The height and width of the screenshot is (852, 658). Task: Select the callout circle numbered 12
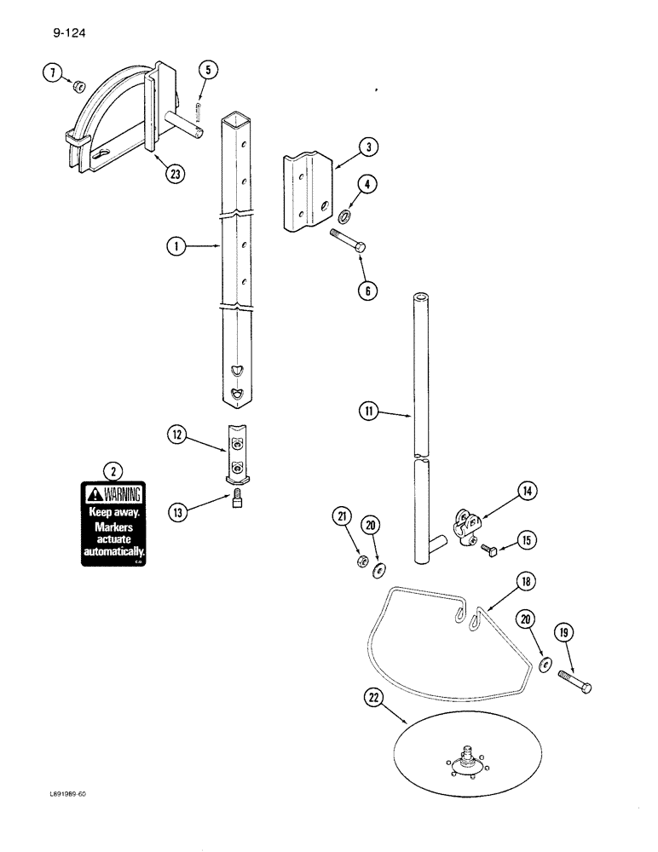point(176,436)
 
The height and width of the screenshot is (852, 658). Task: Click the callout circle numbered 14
point(528,491)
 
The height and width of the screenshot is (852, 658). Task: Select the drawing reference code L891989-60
point(67,793)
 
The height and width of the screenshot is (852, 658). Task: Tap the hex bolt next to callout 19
point(574,682)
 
